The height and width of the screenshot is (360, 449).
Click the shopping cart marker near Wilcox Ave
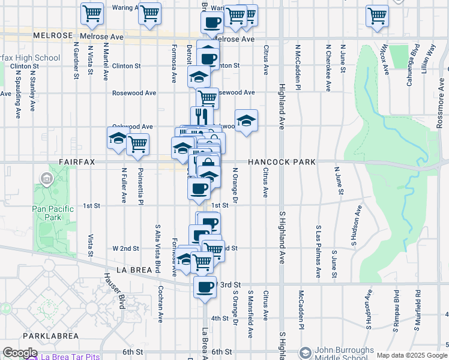point(378,15)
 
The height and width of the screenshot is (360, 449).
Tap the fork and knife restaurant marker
point(202,116)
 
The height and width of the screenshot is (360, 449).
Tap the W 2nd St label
point(125,248)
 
